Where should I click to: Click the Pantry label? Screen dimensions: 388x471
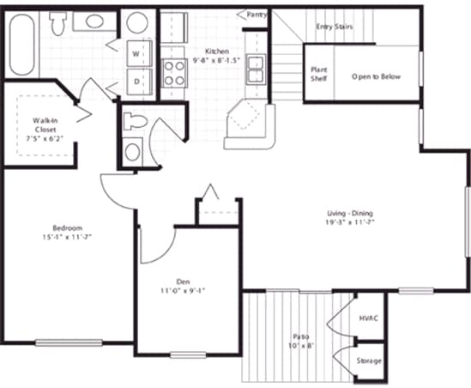[x=257, y=15]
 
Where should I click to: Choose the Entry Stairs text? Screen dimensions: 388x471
[x=335, y=27]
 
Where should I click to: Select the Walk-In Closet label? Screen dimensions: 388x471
[x=45, y=127]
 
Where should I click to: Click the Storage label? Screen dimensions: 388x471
[x=369, y=361]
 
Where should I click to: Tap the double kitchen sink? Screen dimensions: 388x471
[x=255, y=65]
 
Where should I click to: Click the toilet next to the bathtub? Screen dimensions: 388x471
[x=61, y=25]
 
